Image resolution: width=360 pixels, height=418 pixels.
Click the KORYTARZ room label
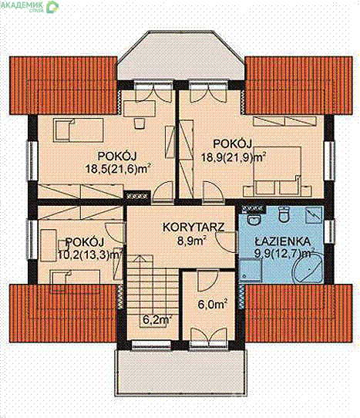click(193, 228)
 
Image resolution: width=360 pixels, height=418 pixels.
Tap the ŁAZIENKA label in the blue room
click(283, 241)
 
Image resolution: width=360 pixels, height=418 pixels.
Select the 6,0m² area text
click(212, 304)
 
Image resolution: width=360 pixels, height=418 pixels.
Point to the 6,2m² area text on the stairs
click(156, 320)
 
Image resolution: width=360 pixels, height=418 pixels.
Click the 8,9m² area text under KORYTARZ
click(192, 241)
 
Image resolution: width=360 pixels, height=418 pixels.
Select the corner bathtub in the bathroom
click(308, 268)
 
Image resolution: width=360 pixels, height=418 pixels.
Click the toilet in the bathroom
click(284, 214)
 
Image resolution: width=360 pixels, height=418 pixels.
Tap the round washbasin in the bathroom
click(253, 219)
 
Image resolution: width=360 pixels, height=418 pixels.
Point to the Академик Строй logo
click(29, 6)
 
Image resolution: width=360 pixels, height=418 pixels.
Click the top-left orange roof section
click(63, 86)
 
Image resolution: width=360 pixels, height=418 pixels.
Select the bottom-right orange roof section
click(298, 313)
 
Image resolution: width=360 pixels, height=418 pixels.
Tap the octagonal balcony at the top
click(181, 56)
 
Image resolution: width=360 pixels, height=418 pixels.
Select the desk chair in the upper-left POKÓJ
click(139, 123)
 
